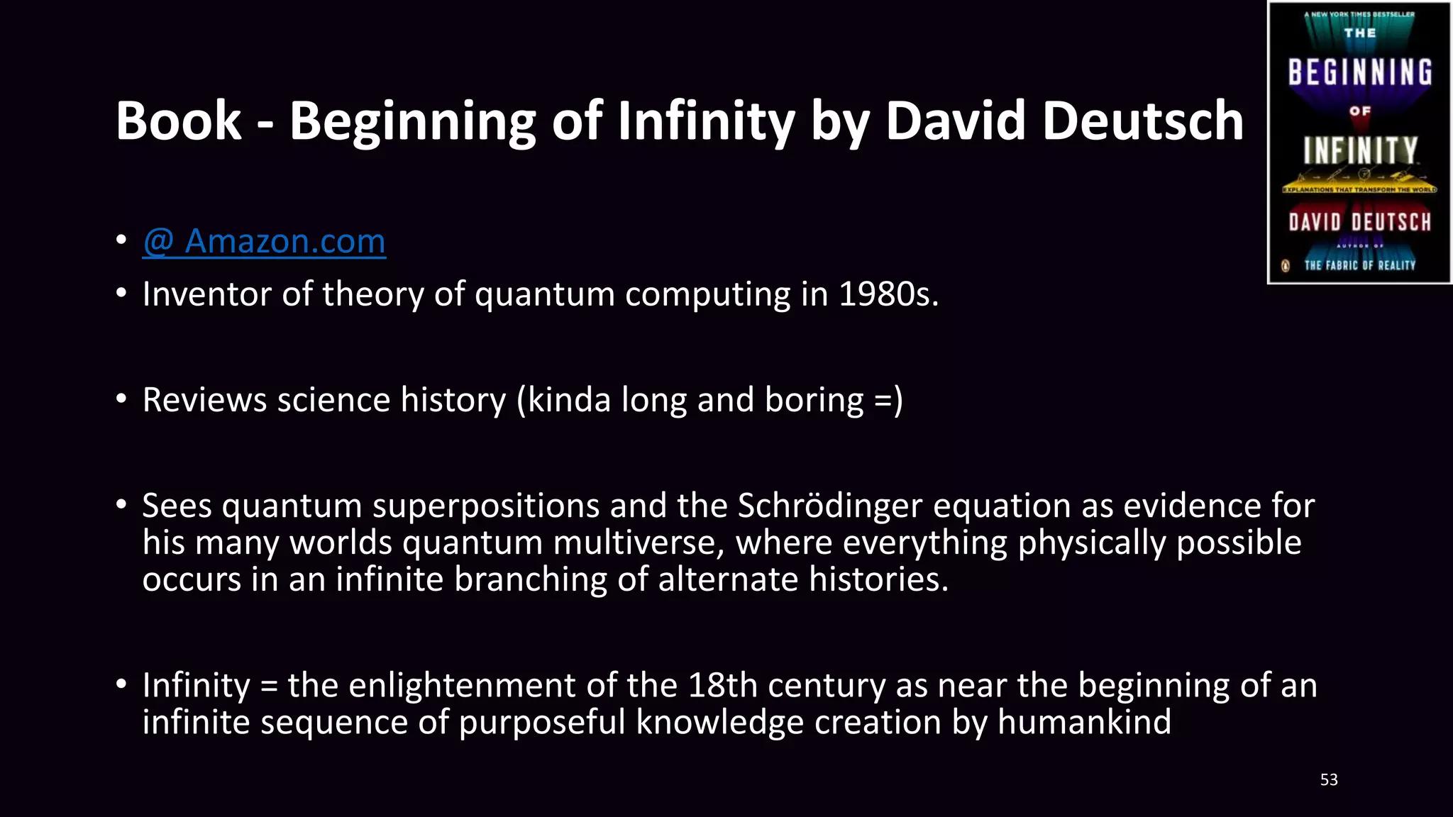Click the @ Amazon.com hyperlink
(264, 242)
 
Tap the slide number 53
(1329, 779)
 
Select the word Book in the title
(178, 121)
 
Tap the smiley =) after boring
(888, 400)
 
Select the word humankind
(1083, 723)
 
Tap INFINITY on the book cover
(1359, 150)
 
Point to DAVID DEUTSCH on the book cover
(1359, 223)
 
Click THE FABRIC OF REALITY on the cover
(1359, 265)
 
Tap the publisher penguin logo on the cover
(1285, 266)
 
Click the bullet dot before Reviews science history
(121, 399)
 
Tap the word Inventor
(206, 294)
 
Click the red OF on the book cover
(1359, 111)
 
